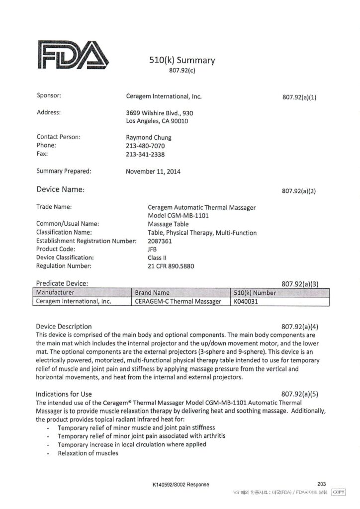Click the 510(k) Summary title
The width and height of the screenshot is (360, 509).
[x=182, y=61]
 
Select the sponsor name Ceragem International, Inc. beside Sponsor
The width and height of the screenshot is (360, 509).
[x=164, y=96]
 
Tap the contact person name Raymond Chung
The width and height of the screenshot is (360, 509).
[x=149, y=138]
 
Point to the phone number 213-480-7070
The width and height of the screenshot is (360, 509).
[x=146, y=146]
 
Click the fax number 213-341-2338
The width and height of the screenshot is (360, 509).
[x=146, y=155]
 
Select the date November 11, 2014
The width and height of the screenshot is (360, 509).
[x=154, y=172]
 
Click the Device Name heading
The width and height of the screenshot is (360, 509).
[x=61, y=189]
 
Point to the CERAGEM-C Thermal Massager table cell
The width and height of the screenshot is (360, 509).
[x=178, y=301]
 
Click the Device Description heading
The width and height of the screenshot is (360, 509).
[x=64, y=327]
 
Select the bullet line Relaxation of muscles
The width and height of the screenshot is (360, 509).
[x=88, y=453]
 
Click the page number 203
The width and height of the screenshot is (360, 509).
[x=321, y=484]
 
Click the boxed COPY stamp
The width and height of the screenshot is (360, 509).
[x=338, y=492]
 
